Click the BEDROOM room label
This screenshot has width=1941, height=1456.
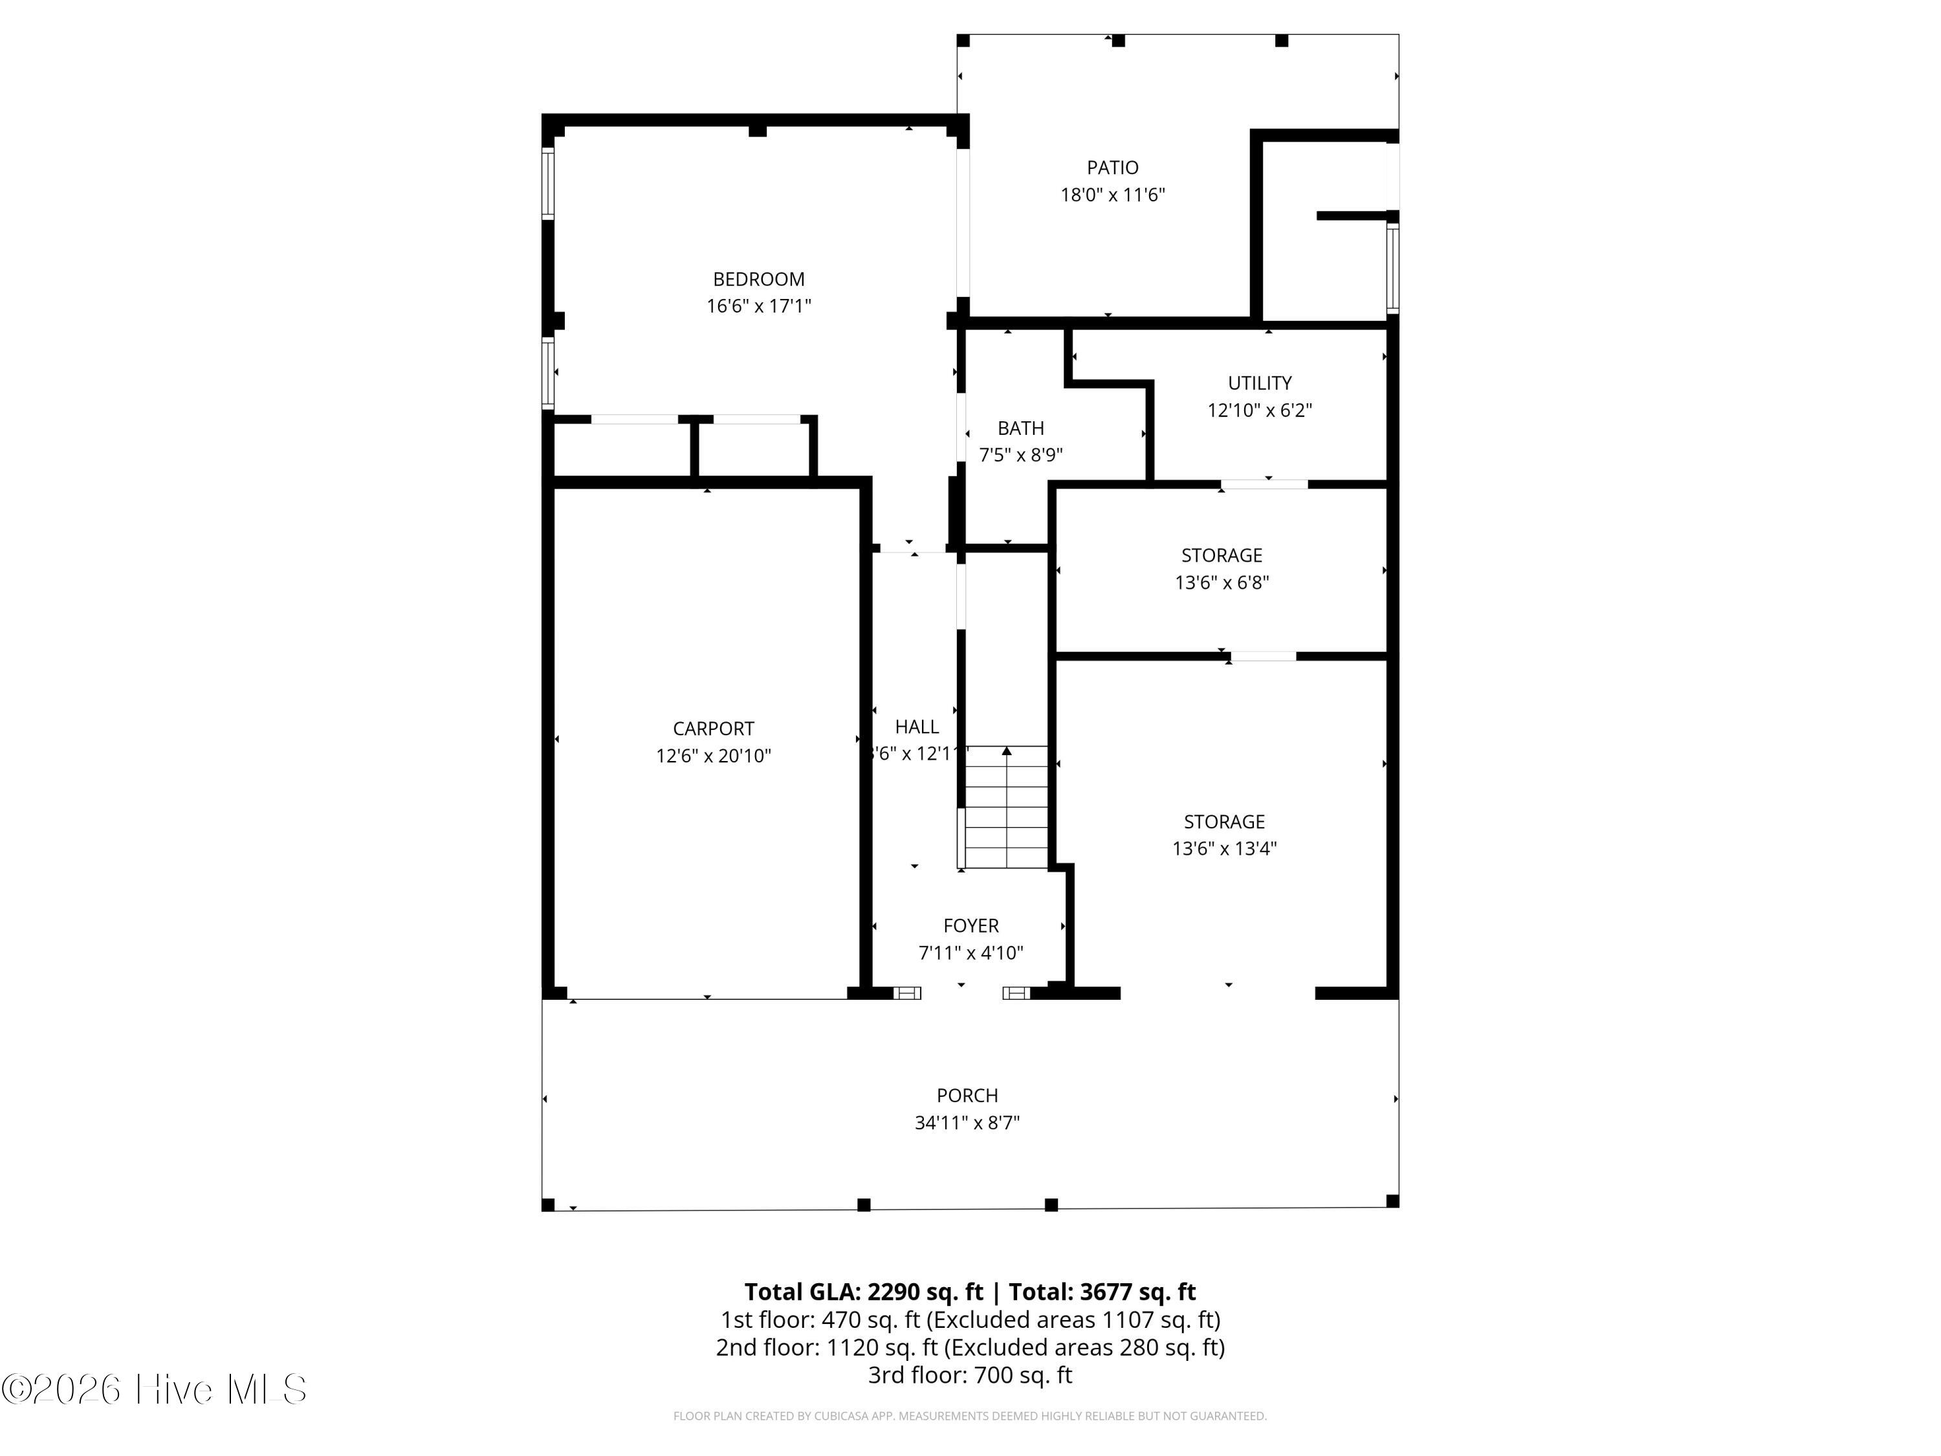758,279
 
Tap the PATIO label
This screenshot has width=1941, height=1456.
1113,168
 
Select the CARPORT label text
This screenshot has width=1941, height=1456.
714,729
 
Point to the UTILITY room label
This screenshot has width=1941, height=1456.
1259,382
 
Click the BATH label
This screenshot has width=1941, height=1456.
1020,428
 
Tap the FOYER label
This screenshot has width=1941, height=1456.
970,926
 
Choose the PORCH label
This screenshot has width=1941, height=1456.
967,1096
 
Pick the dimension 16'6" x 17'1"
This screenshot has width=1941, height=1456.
759,306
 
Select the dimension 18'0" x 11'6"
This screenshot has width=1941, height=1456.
1113,195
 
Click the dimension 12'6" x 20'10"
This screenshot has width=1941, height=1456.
714,756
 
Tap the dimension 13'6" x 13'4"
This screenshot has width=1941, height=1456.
1224,848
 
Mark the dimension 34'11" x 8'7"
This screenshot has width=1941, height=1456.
967,1123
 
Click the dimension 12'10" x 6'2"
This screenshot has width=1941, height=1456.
1259,410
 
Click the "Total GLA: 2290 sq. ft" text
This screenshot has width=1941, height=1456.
864,1292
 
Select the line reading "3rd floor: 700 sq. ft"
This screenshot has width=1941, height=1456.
970,1374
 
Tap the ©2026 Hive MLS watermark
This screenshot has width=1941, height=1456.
153,1389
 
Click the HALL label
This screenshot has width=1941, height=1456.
917,727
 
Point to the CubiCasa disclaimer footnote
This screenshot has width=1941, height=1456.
970,1416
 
